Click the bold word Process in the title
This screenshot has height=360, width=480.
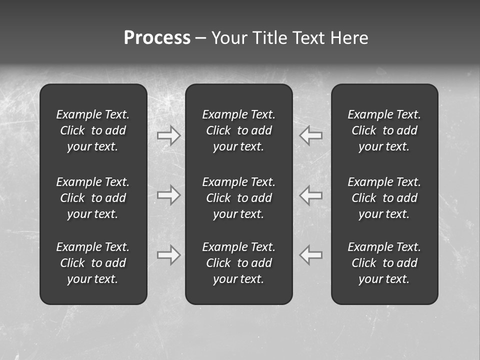pyautogui.click(x=157, y=38)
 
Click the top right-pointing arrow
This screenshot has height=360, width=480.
pyautogui.click(x=169, y=135)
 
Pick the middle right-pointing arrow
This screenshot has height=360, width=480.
pyautogui.click(x=169, y=194)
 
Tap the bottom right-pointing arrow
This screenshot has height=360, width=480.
pyautogui.click(x=169, y=255)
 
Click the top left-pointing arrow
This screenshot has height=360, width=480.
pyautogui.click(x=311, y=135)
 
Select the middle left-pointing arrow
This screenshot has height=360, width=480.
pyautogui.click(x=311, y=194)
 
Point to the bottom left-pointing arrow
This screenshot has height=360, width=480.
pyautogui.click(x=311, y=255)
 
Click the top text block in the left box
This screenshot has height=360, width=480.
pyautogui.click(x=93, y=130)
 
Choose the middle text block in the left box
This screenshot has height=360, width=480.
pyautogui.click(x=93, y=198)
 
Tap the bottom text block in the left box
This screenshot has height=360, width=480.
pyautogui.click(x=93, y=263)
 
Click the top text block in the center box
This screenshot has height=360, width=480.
pyautogui.click(x=239, y=130)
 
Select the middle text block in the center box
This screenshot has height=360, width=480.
pyautogui.click(x=239, y=198)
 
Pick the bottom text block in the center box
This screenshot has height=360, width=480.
pyautogui.click(x=239, y=263)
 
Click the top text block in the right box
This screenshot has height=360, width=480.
pyautogui.click(x=384, y=130)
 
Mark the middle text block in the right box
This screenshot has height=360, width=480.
pyautogui.click(x=384, y=198)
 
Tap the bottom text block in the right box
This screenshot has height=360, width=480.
pyautogui.click(x=384, y=263)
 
